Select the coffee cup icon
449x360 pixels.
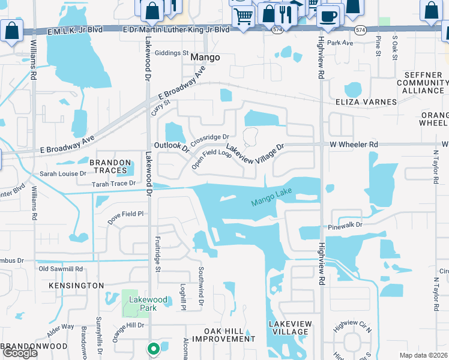(328, 16)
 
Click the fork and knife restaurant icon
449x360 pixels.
(286, 13)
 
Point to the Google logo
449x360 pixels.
(20, 353)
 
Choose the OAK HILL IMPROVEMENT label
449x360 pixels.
(221, 334)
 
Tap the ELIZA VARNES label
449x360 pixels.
(366, 102)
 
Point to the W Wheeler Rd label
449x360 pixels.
(354, 145)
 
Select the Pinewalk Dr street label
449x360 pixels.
(346, 226)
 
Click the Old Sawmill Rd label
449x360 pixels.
(61, 269)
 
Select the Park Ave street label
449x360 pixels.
(340, 43)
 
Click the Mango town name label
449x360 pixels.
(205, 58)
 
